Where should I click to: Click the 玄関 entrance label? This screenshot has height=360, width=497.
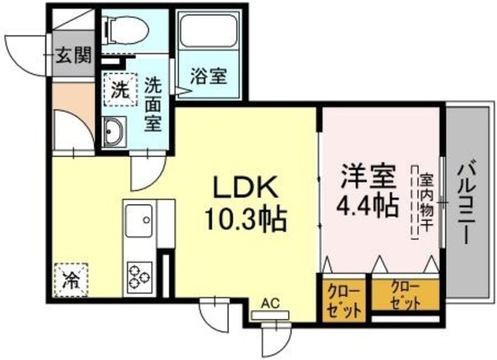[x=74, y=55]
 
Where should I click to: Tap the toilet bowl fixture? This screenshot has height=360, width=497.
[x=127, y=29]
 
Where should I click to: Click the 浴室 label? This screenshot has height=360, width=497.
[x=209, y=76]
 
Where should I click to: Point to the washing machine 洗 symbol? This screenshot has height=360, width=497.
[x=120, y=89]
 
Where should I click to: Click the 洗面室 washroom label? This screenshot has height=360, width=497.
[x=154, y=104]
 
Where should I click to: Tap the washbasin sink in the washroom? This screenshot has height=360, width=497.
[x=115, y=131]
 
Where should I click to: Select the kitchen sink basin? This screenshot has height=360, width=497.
[x=139, y=220]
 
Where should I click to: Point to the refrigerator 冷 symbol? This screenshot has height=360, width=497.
[x=71, y=280]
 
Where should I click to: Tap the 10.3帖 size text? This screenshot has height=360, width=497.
[x=246, y=219]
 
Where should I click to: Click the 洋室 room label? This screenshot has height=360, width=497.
[x=368, y=177]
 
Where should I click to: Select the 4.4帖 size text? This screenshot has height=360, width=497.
[x=367, y=205]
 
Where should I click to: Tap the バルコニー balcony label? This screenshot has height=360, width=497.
[x=467, y=202]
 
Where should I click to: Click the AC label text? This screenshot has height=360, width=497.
[x=270, y=303]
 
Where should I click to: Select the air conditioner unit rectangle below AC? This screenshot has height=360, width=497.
[x=270, y=315]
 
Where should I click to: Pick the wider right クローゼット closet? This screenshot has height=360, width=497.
[x=405, y=295]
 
